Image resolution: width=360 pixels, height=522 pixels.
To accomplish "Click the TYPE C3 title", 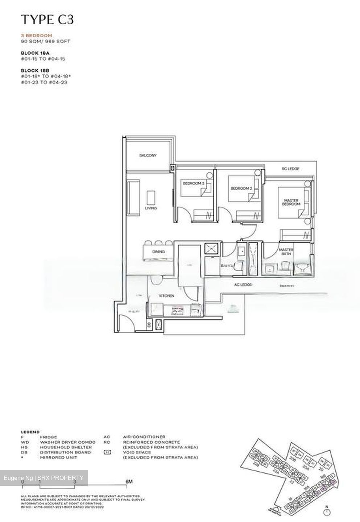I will click(47, 20).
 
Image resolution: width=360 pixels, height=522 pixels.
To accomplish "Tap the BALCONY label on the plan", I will click(148, 156).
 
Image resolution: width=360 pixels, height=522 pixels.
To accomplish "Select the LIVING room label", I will click(151, 208).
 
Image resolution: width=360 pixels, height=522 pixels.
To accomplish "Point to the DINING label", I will click(158, 252).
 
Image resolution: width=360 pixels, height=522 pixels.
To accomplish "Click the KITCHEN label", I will click(166, 296).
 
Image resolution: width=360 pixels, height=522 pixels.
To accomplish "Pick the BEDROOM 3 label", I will click(194, 184).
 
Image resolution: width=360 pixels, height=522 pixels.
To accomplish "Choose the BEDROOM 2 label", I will click(241, 188).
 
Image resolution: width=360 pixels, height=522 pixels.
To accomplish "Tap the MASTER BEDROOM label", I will click(291, 202).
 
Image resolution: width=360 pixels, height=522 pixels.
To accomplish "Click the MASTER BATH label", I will click(286, 252).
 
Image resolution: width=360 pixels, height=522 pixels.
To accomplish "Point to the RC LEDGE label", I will click(290, 169).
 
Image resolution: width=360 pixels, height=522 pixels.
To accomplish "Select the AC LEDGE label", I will click(243, 285).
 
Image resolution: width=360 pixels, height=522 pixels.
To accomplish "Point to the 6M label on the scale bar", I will click(129, 481).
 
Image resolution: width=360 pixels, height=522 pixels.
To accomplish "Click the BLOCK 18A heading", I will click(35, 53).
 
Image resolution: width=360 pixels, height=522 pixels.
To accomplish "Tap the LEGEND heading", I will click(30, 432).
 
